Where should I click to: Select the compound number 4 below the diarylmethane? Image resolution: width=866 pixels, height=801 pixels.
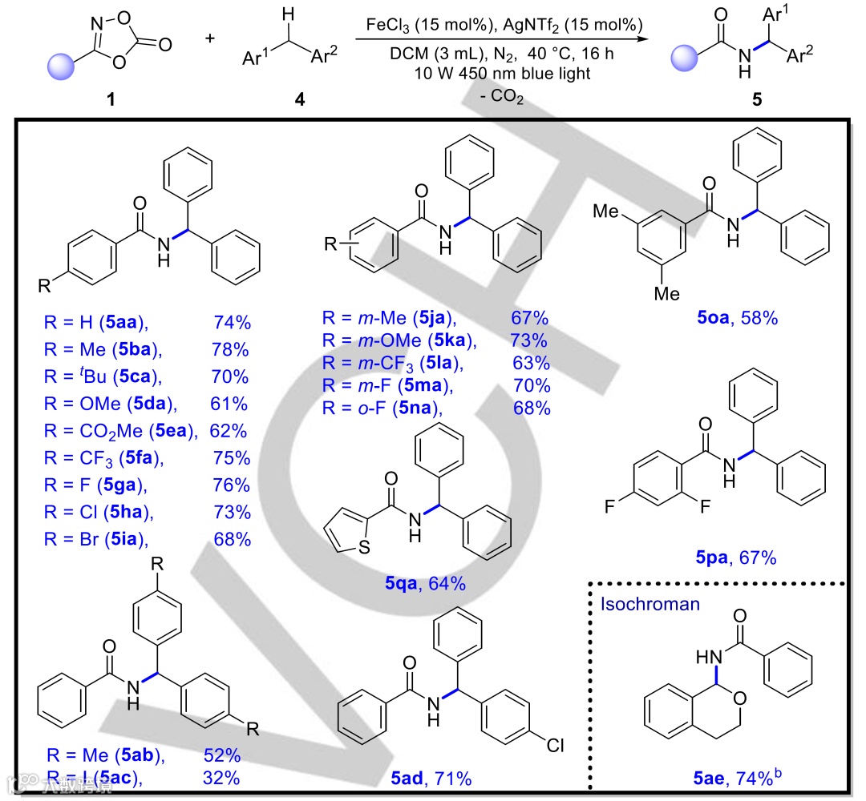pos(300,101)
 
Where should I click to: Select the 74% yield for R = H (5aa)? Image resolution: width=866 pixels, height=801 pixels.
pos(233,324)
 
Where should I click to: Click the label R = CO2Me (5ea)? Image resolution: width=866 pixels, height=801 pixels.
pos(121,431)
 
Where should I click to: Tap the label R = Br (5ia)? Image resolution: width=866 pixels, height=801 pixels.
pos(97,539)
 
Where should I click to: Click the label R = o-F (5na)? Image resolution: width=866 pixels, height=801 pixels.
pos(384,409)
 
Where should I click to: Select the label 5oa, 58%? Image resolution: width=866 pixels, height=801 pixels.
pos(737,319)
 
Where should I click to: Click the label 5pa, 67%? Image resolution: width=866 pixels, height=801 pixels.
pos(735,557)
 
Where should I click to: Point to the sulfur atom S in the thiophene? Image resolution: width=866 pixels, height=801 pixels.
pos(365,548)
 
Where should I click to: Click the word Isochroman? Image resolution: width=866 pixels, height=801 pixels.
pos(649,603)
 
